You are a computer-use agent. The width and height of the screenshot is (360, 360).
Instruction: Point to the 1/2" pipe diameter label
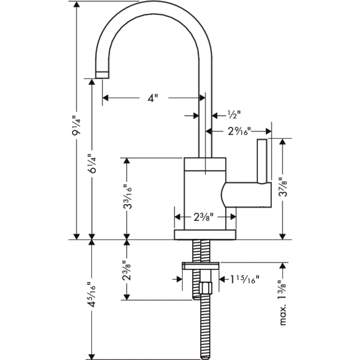234,115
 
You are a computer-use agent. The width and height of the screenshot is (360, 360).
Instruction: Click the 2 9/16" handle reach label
238,131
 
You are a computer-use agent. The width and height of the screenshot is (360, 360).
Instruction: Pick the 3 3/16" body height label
127,198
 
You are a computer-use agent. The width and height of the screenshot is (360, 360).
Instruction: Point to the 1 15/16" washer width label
245,278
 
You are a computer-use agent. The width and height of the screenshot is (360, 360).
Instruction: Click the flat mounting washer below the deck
200,265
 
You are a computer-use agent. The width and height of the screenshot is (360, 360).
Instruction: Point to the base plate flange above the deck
205,234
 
